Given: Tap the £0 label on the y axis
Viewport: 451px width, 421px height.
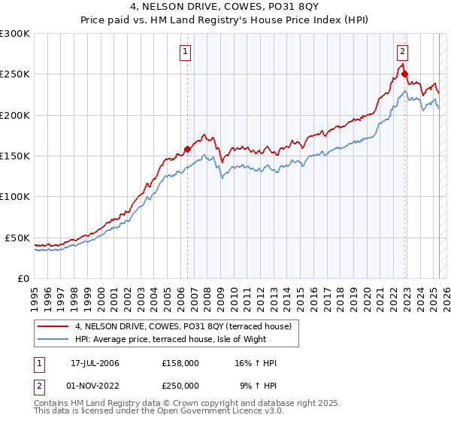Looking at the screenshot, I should [x=23, y=278].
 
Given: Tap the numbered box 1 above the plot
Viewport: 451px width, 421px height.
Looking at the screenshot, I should [x=185, y=52].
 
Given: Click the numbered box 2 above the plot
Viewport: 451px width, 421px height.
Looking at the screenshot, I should [x=402, y=52].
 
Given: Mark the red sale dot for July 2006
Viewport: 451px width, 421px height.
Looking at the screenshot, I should [x=187, y=149].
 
